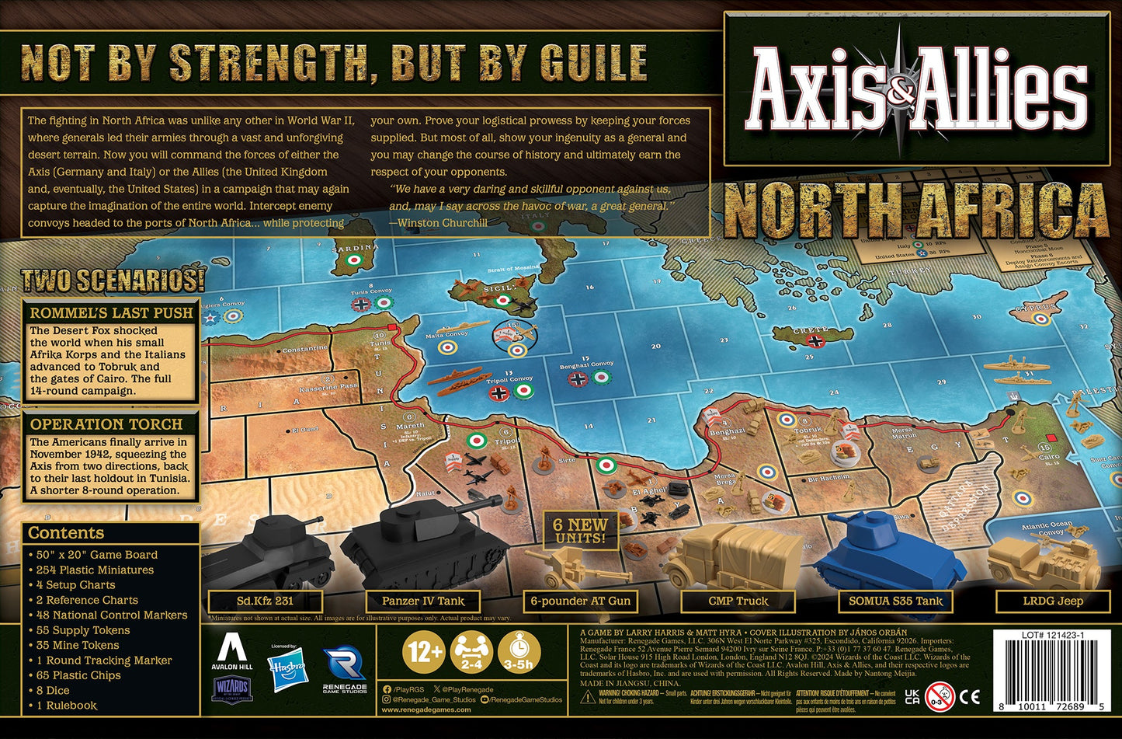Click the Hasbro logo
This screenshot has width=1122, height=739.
[x=287, y=668]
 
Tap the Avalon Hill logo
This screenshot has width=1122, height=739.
[x=231, y=651]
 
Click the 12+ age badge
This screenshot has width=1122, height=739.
[x=424, y=651]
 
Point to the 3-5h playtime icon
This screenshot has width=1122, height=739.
[x=519, y=651]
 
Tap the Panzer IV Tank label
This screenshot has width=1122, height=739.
[x=423, y=601]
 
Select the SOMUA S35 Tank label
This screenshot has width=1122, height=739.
[x=895, y=601]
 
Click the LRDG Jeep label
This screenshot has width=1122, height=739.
[x=1052, y=601]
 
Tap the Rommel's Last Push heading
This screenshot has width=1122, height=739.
[x=111, y=313]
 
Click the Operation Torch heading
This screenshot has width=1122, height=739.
[x=106, y=425]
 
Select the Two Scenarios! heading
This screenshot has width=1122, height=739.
[x=113, y=281]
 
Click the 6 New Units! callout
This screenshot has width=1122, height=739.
[x=580, y=531]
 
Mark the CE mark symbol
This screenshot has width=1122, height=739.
[x=970, y=696]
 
